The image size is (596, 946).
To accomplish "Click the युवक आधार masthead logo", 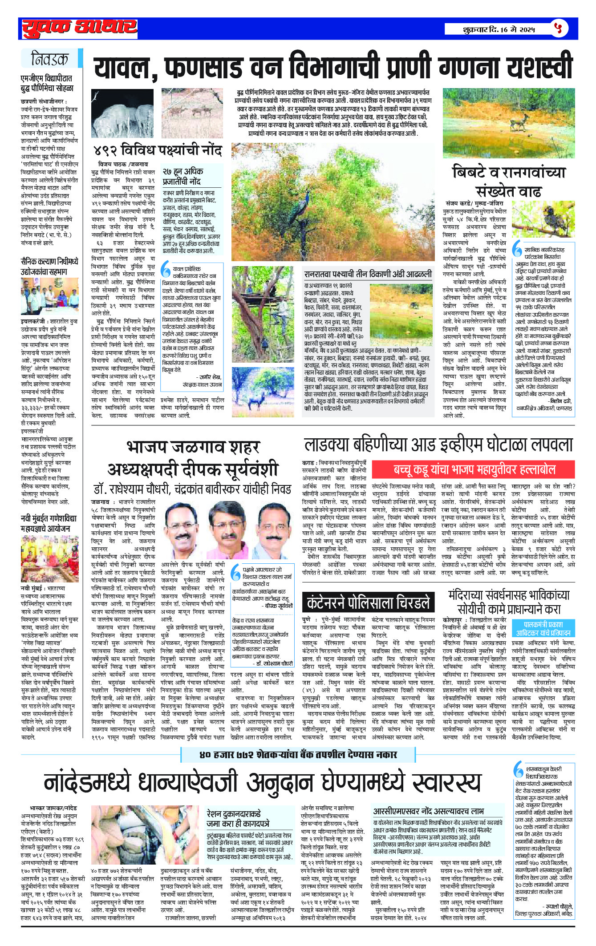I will click(79, 28).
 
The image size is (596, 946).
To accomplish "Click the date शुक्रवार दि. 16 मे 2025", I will click(498, 29).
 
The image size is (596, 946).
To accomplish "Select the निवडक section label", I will click(50, 59).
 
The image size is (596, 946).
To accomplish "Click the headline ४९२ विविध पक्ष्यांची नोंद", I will click(157, 150).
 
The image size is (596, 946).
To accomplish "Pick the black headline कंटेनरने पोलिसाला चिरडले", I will click(368, 602).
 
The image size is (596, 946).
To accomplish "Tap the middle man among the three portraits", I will click(227, 530).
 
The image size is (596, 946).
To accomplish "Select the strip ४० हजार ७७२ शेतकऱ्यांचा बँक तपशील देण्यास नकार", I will click(298, 754).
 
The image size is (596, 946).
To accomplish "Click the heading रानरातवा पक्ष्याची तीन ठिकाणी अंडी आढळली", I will click(368, 274).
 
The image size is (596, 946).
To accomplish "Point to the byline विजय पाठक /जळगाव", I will click(123, 164).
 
